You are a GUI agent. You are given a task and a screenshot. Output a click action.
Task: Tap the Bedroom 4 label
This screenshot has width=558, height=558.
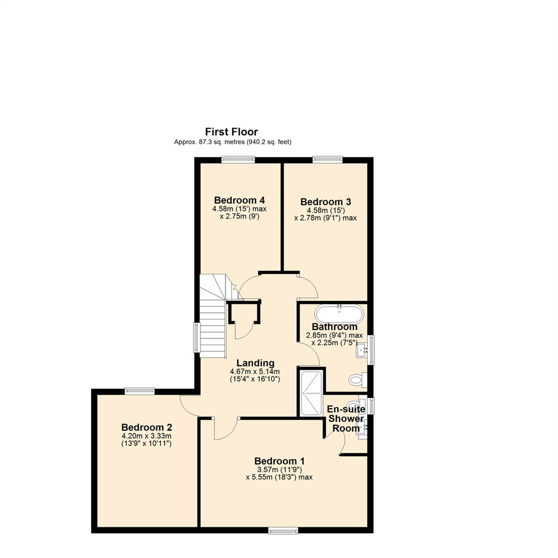[x=240, y=200]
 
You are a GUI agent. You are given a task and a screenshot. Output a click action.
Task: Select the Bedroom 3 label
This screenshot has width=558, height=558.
[x=326, y=202]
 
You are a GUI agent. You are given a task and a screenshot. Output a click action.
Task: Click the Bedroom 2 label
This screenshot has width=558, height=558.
[x=147, y=427]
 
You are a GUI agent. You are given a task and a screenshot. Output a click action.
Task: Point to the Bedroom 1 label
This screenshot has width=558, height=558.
[x=280, y=461]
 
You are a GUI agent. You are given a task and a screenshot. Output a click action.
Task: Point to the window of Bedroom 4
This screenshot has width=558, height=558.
[x=238, y=160]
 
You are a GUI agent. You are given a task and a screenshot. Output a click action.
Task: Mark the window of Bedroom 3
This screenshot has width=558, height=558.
[x=328, y=160]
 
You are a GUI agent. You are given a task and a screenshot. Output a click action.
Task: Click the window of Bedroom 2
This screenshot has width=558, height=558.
[x=139, y=392]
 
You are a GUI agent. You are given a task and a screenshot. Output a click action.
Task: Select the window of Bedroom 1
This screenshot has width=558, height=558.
[x=283, y=530]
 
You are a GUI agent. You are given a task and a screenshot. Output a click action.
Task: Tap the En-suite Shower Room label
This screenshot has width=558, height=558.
[x=346, y=418]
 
